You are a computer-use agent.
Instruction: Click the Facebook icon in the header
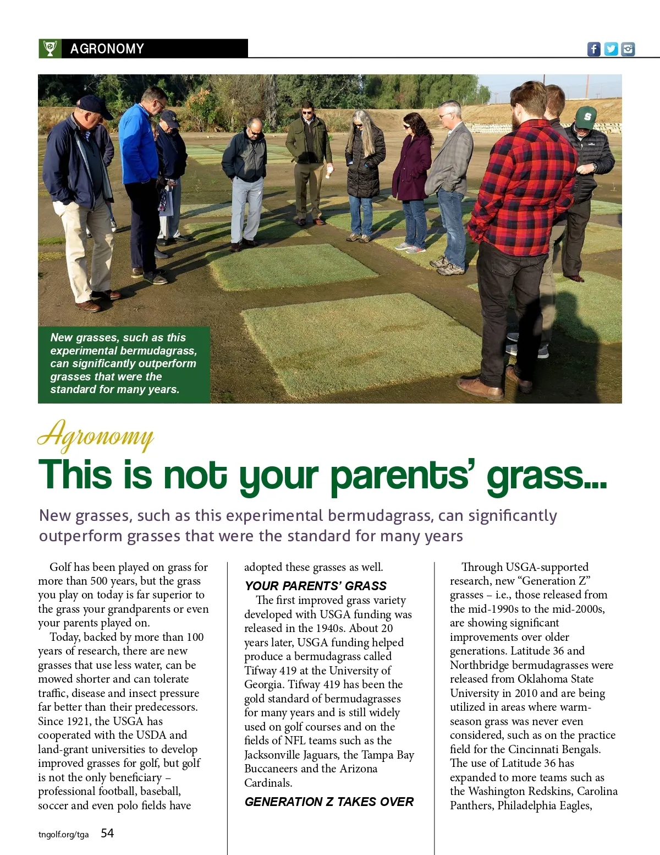pyautogui.click(x=593, y=49)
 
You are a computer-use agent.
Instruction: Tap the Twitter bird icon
pyautogui.click(x=610, y=49)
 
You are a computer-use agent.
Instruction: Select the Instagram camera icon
pyautogui.click(x=628, y=49)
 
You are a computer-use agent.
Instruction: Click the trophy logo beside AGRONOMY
pyautogui.click(x=50, y=48)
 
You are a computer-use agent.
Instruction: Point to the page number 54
pyautogui.click(x=107, y=833)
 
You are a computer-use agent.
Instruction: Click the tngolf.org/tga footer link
pyautogui.click(x=63, y=834)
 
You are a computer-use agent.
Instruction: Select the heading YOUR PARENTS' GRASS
pyautogui.click(x=316, y=586)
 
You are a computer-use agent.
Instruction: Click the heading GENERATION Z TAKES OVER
pyautogui.click(x=329, y=802)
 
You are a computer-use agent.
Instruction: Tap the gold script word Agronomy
pyautogui.click(x=96, y=436)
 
